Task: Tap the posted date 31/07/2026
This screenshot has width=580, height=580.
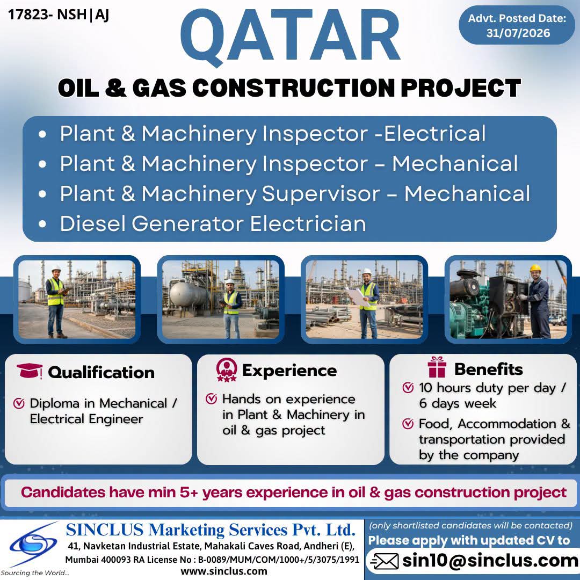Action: [x=518, y=33]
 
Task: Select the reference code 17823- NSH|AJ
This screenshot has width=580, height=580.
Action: [x=59, y=15]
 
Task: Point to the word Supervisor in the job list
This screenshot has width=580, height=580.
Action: [x=321, y=194]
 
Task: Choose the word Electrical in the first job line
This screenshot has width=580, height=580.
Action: [x=434, y=133]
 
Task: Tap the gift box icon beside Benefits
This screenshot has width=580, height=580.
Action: [x=437, y=367]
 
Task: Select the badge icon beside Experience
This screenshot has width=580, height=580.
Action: [x=227, y=369]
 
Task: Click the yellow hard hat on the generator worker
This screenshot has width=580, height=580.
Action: [x=535, y=268]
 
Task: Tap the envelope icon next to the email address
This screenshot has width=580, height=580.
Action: [x=385, y=561]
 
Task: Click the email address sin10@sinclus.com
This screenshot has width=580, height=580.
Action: [x=490, y=561]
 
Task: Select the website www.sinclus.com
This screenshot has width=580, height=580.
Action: [x=224, y=571]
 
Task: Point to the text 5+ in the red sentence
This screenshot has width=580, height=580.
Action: [x=189, y=492]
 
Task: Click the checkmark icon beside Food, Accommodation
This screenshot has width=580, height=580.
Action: [x=408, y=424]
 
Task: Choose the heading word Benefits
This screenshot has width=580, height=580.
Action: [x=489, y=369]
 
